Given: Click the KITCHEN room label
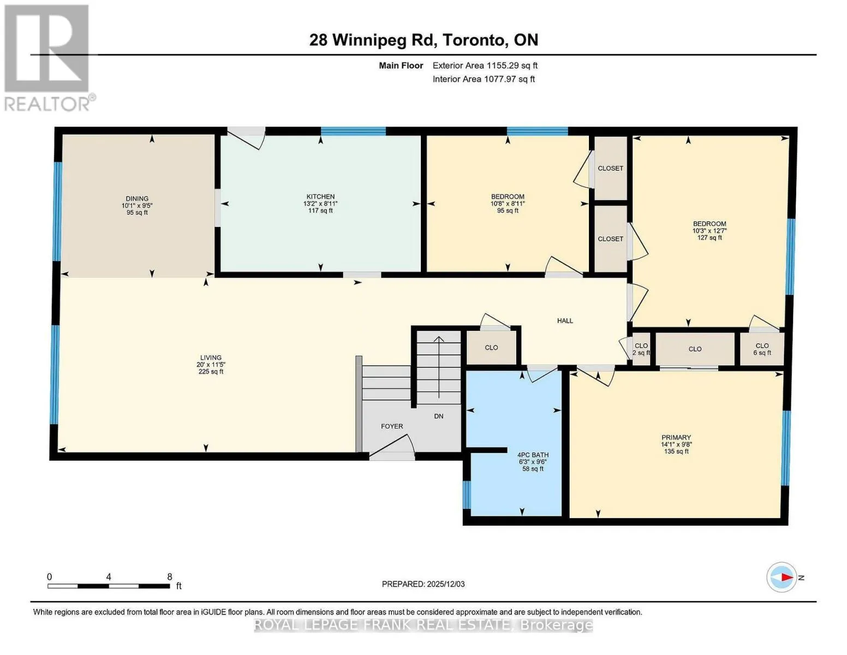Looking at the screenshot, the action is tap(320, 196).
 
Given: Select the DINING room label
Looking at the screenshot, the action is tap(137, 199).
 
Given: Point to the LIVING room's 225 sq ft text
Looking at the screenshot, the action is tap(211, 372).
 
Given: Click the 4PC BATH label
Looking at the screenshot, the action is tap(533, 455).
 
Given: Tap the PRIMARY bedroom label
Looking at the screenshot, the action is tap(676, 438).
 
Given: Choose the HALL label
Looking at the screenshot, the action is tap(565, 321).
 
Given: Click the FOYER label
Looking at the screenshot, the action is tap(392, 426).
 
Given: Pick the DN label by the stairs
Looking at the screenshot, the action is tap(438, 416).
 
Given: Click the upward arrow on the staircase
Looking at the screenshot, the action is tap(439, 367).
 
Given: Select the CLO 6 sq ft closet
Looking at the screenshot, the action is tap(762, 349).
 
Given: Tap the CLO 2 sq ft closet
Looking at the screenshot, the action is tap(641, 349).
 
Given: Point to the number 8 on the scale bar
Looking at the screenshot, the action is tap(170, 577).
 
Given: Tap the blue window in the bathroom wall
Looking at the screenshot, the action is tap(467, 495).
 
